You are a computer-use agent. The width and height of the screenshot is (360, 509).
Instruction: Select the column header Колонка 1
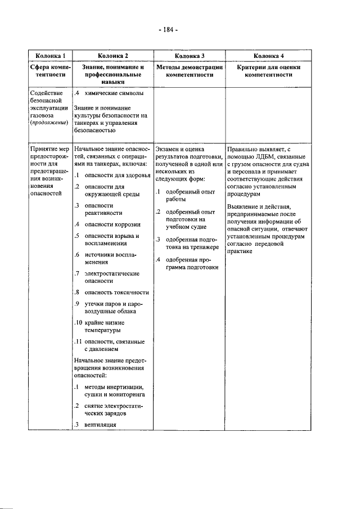point(50,56)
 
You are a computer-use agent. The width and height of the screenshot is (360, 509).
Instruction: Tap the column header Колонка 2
point(112,56)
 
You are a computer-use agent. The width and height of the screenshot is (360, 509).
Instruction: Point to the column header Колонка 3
point(189,56)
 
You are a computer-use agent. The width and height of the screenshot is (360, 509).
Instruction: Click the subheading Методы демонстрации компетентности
point(189,70)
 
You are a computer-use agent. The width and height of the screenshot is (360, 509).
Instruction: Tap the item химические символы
point(114,92)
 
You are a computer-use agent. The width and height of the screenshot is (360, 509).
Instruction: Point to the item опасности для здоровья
point(117,175)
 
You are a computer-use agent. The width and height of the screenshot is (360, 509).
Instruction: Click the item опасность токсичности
point(116,292)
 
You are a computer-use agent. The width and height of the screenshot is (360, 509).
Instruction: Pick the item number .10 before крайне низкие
point(79,322)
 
